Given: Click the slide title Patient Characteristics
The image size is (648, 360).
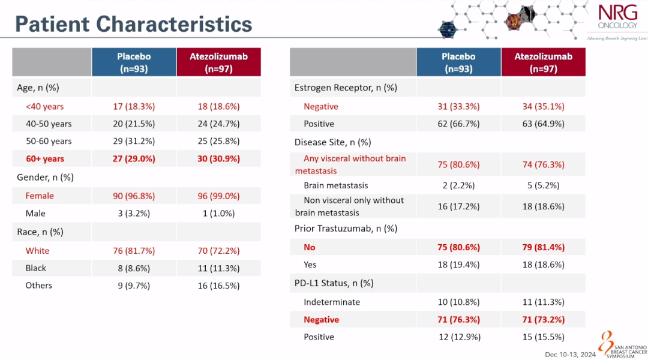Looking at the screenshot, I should click(x=133, y=24).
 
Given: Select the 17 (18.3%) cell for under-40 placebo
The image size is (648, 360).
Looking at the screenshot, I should click(x=134, y=106).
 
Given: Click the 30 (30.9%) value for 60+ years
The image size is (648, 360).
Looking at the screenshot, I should click(x=218, y=159).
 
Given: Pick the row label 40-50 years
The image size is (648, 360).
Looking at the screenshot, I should click(x=49, y=124).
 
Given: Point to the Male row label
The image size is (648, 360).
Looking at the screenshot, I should click(x=35, y=213).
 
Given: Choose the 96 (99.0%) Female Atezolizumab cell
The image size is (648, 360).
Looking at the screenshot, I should click(x=218, y=196).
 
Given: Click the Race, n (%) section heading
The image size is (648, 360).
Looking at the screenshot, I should click(x=40, y=232).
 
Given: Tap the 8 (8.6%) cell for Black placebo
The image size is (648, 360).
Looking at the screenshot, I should click(x=134, y=268).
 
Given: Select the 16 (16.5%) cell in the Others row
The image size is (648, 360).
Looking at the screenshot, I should click(x=218, y=286).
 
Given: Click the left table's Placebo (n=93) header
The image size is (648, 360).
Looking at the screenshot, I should click(x=134, y=62).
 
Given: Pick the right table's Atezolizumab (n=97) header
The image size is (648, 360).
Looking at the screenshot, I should click(x=543, y=62).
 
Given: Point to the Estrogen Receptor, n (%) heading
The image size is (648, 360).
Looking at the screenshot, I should click(x=346, y=88).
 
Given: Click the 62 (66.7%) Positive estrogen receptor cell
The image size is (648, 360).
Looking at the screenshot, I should click(x=459, y=124).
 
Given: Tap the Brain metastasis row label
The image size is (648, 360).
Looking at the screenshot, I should click(x=336, y=185).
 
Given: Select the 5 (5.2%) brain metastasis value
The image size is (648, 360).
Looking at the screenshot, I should click(x=543, y=185).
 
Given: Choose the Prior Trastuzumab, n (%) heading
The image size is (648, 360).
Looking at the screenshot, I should click(x=346, y=229).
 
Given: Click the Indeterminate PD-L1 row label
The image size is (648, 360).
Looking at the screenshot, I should click(x=332, y=302).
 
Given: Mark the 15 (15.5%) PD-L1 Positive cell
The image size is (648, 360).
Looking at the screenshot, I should click(x=543, y=337).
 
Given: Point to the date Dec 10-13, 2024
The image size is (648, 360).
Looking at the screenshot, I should click(x=571, y=355).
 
